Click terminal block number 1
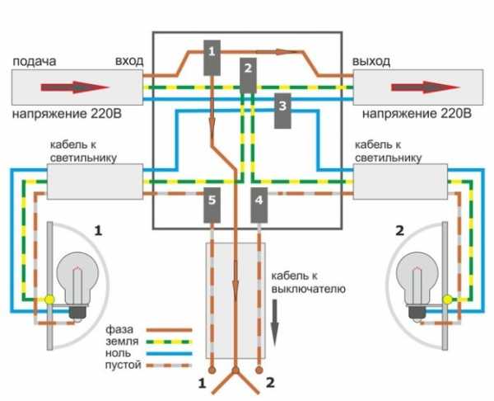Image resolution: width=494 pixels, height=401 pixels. coord(212,57)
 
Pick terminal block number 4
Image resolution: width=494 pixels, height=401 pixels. coord(259,205)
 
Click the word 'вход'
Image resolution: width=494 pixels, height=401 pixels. coord(130,62)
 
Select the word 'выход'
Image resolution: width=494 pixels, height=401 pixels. coord(370,62)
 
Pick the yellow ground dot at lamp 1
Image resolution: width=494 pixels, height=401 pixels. coord(49,299)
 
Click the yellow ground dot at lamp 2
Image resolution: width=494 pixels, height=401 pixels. coord(445,298)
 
